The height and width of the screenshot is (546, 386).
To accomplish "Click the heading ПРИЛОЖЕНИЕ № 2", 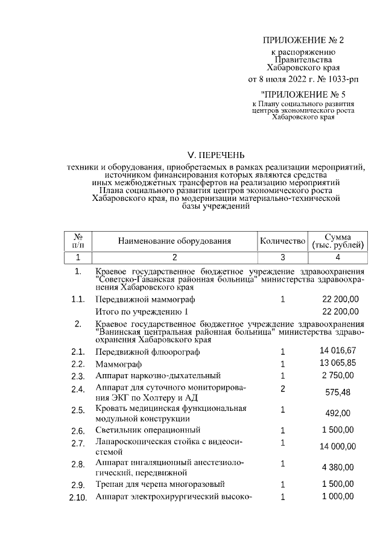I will (x=303, y=40).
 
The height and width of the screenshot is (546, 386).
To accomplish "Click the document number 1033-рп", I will (x=330, y=79).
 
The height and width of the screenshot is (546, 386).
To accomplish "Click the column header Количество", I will (x=282, y=241).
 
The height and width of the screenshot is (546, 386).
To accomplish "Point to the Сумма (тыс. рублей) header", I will (x=338, y=241).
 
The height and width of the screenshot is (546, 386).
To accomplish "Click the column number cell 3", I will (x=282, y=258).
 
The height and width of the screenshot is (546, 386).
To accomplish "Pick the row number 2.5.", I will (x=77, y=411).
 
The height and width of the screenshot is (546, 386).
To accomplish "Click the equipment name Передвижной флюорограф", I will (x=147, y=352).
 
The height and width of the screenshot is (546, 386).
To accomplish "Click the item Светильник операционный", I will (x=148, y=430).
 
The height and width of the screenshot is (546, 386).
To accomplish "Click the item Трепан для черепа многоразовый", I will (x=160, y=484).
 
